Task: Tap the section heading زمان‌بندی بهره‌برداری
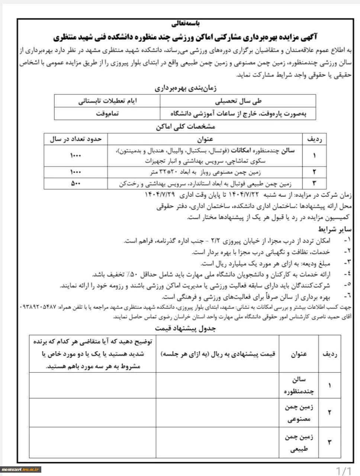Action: coord(185,89)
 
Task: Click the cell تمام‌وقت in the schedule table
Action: coord(107,114)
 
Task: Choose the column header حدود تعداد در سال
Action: coord(75,139)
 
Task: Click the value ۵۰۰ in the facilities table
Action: coord(75,183)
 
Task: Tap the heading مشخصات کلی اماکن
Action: coord(185,126)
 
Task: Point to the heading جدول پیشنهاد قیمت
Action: coord(185,329)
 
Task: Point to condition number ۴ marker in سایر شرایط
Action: coord(348,274)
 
